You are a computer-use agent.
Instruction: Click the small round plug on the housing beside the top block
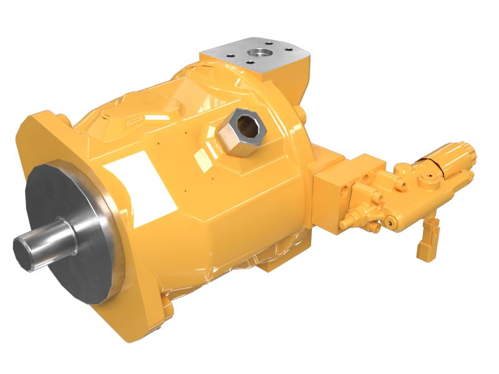(x=302, y=116)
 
